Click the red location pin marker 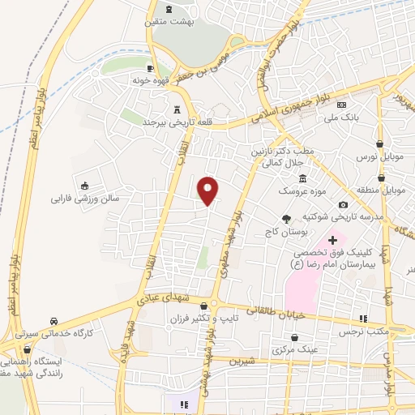tap(208, 190)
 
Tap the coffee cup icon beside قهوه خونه tap(150, 68)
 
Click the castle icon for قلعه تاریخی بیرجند tap(177, 109)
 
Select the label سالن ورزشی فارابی tap(85, 197)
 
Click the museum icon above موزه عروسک tap(302, 178)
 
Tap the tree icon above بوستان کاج tap(285, 218)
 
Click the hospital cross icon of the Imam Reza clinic tap(332, 240)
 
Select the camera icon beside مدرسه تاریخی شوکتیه tap(344, 205)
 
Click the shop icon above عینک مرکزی tap(294, 336)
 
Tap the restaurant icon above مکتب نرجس tap(365, 319)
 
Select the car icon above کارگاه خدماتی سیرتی tap(53, 320)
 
